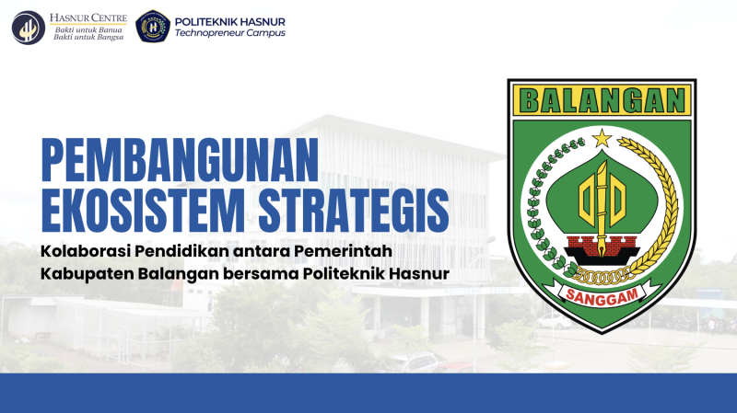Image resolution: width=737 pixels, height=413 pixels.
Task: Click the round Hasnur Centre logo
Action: click(29, 28)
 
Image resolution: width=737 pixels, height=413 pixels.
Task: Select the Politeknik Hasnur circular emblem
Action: click(153, 27)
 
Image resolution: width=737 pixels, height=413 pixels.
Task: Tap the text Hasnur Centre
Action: click(88, 17)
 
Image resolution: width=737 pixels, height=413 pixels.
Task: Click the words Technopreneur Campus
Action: click(230, 33)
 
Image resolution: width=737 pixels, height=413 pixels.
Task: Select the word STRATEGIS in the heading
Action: click(354, 210)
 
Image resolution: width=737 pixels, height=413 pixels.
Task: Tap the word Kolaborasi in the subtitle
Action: click(85, 251)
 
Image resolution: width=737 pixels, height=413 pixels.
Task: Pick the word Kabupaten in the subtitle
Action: click(87, 273)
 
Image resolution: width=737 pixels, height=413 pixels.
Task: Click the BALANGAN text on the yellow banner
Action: click(602, 100)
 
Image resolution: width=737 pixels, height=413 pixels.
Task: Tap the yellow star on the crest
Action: click(602, 139)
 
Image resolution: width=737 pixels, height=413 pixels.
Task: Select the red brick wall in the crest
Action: click(602, 244)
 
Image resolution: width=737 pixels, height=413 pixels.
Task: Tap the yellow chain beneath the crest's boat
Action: click(602, 276)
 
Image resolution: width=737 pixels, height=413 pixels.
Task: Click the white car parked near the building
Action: click(555, 322)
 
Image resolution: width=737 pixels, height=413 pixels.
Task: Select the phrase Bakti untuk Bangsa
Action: click(88, 37)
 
